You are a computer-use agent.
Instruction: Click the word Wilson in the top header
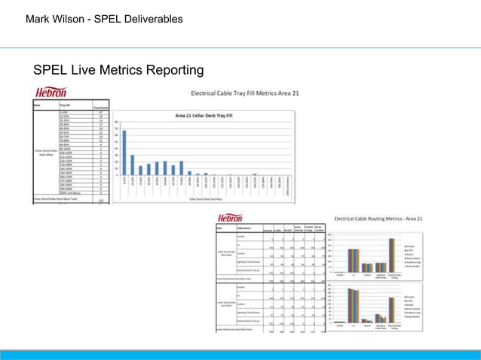point(72,18)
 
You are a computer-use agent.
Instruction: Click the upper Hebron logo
point(54,93)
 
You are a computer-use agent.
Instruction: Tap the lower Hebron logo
point(234,217)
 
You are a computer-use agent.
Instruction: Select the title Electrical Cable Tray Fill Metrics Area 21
point(244,94)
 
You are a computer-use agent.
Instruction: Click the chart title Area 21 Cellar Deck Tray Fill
point(204,115)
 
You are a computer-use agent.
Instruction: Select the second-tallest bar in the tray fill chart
point(132,165)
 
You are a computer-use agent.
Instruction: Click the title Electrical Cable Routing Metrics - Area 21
point(383,219)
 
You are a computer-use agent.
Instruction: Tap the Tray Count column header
point(100,108)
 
